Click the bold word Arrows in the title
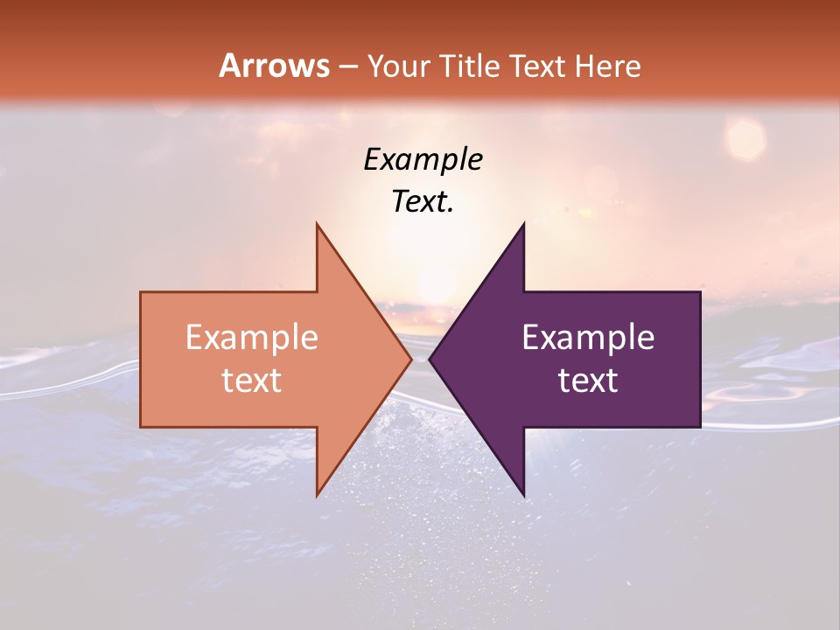tap(275, 66)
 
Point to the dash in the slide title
tap(348, 66)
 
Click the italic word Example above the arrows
tap(423, 160)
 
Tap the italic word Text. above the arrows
tap(423, 201)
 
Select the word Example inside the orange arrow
tap(251, 337)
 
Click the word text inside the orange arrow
tap(251, 380)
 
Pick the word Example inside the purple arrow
tap(588, 337)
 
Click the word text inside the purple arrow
tap(588, 380)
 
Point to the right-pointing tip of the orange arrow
tap(410, 359)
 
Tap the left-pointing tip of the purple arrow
tap(430, 359)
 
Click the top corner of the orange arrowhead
tap(317, 224)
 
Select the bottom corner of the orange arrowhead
tap(317, 494)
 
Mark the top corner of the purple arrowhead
tap(523, 224)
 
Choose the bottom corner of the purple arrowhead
tap(523, 494)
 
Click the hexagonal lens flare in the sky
tap(745, 138)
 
